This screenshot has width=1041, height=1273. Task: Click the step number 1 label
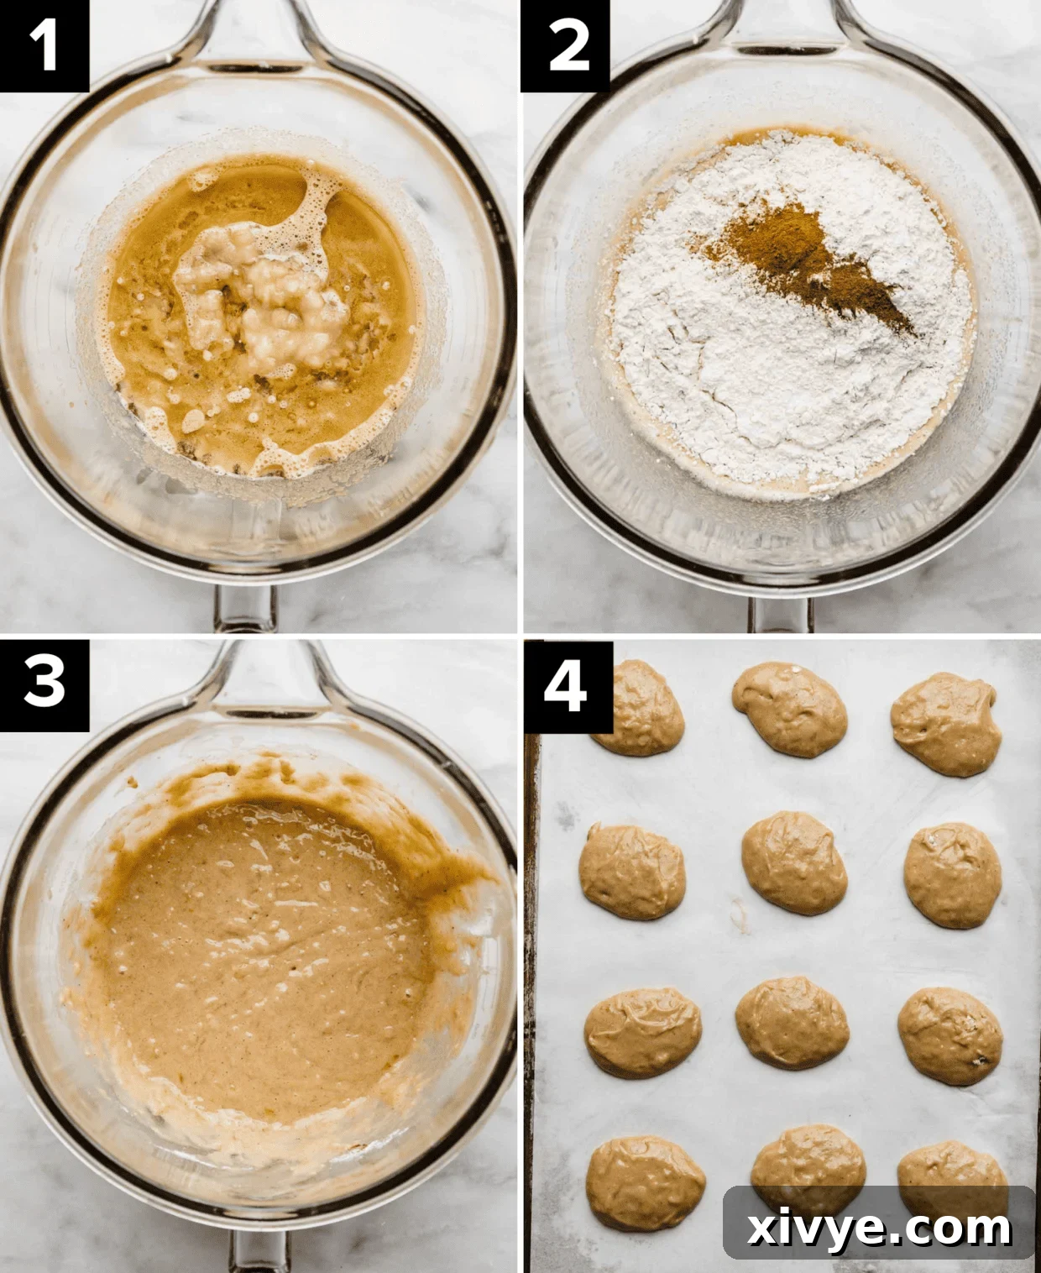[44, 45]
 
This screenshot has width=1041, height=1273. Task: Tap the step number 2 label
[565, 45]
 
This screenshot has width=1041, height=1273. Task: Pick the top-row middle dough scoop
[790, 709]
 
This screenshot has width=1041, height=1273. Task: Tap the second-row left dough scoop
[632, 871]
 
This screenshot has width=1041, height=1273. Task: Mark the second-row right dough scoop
[953, 875]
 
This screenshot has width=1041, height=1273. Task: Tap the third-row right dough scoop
[949, 1035]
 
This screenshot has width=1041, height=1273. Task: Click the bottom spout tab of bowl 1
[243, 609]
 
